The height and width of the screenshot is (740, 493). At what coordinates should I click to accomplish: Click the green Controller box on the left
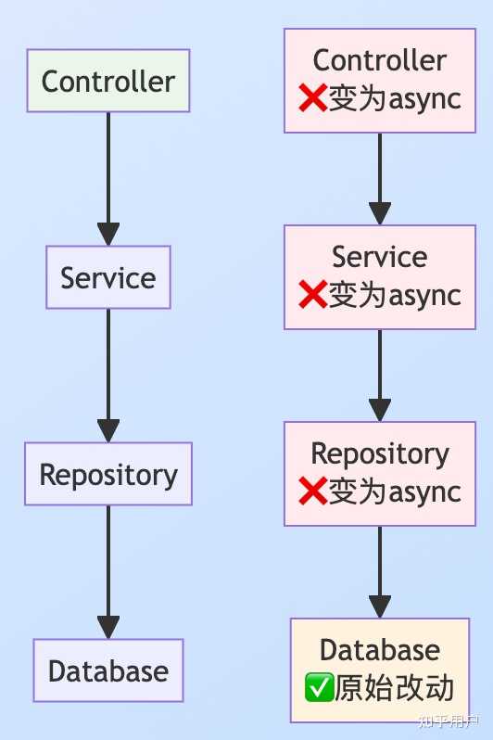tap(108, 81)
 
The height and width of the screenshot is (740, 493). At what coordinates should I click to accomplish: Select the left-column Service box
tap(108, 277)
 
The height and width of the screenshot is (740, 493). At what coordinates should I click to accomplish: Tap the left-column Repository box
tap(108, 474)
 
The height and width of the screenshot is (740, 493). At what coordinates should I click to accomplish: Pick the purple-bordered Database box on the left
tap(108, 670)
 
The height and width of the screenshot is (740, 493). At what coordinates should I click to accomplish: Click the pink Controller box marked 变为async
tap(380, 81)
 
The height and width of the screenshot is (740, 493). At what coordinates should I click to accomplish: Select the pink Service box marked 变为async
tap(380, 277)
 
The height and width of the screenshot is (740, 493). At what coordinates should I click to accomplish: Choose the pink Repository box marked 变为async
tap(380, 474)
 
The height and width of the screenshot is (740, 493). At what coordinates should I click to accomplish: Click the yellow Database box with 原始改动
tap(380, 670)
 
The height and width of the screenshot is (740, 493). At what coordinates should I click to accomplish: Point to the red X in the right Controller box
tap(312, 99)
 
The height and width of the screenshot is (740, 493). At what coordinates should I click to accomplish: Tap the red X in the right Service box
tap(312, 296)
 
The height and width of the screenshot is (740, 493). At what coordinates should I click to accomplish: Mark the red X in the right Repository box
tap(312, 492)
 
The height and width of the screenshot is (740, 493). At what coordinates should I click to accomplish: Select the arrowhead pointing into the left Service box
tap(108, 234)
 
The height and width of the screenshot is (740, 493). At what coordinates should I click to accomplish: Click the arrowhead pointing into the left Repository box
tap(108, 430)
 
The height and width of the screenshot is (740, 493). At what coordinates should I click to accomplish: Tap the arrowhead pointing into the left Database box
tap(108, 627)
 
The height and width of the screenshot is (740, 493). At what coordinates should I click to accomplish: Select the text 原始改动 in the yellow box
tap(395, 689)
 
